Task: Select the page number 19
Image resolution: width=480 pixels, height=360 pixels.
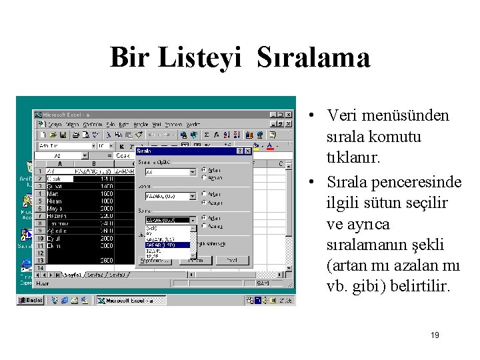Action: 435,335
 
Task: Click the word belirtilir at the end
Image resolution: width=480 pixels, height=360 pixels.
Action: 418,287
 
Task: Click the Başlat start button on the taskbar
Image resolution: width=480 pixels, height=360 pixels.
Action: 31,301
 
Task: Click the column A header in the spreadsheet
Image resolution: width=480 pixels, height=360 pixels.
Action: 61,163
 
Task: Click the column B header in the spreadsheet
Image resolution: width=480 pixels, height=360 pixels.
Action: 93,163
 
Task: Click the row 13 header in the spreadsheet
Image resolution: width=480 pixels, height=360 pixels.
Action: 40,260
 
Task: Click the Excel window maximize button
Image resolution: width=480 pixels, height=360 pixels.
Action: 281,115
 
